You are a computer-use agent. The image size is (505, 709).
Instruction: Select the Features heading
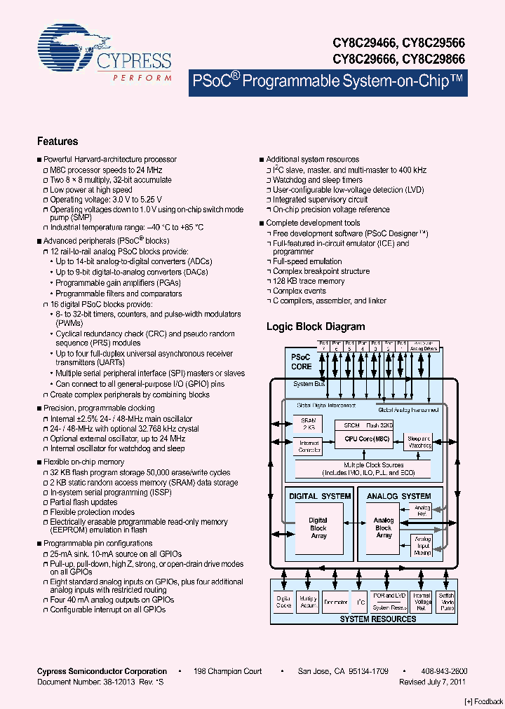[58, 141]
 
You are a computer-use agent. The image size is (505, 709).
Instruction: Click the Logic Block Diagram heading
[316, 326]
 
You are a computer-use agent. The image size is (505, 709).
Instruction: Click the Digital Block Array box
[318, 528]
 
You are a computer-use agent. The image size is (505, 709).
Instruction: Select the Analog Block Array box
[384, 528]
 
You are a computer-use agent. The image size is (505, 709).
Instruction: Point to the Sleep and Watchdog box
[420, 442]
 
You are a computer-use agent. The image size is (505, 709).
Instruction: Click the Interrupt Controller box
[309, 446]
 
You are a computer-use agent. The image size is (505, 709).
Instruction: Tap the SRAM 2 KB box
[308, 423]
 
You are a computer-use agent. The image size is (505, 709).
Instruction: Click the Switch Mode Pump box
[446, 600]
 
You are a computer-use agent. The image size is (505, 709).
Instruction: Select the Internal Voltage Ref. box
[422, 600]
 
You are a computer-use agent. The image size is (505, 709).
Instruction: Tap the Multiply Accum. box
[308, 601]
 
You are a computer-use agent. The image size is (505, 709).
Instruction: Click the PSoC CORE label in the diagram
[302, 362]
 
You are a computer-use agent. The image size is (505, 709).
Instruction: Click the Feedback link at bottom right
[484, 701]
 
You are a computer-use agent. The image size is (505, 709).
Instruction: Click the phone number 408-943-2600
[444, 671]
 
